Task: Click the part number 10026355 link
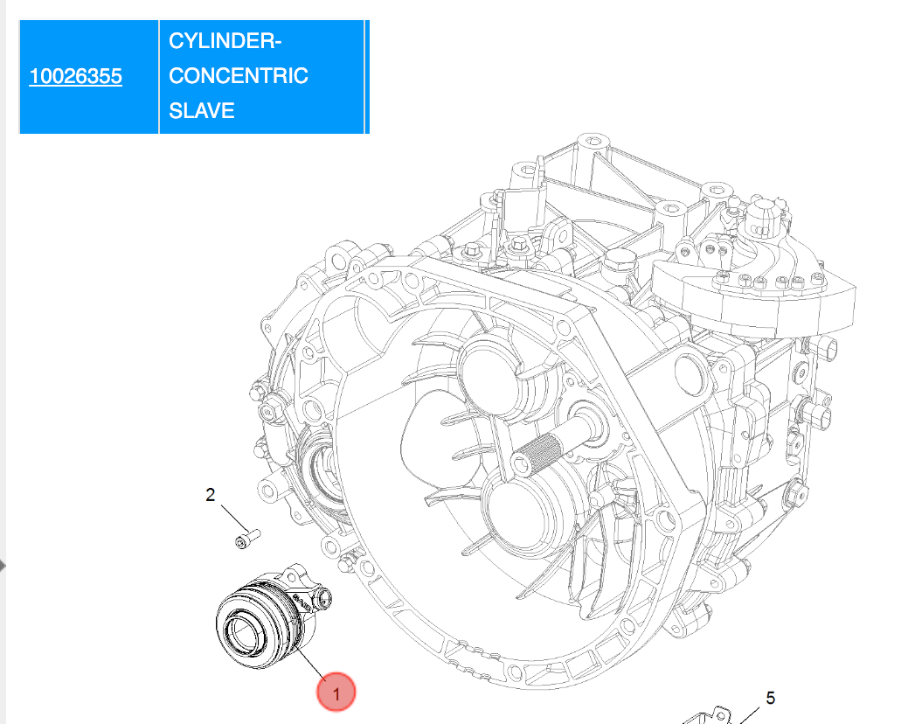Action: pyautogui.click(x=76, y=76)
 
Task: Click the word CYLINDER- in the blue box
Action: pyautogui.click(x=225, y=41)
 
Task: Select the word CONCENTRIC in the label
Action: pyautogui.click(x=238, y=76)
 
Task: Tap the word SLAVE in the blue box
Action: pyautogui.click(x=201, y=110)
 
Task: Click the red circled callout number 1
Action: pyautogui.click(x=336, y=693)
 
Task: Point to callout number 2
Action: pyautogui.click(x=211, y=495)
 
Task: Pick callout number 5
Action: pyautogui.click(x=770, y=699)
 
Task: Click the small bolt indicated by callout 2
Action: pyautogui.click(x=247, y=539)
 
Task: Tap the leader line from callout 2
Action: pyautogui.click(x=234, y=518)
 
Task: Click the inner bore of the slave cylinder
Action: pyautogui.click(x=245, y=630)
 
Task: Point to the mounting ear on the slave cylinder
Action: pyautogui.click(x=320, y=597)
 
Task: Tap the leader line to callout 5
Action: pyautogui.click(x=749, y=716)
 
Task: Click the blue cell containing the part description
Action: pyautogui.click(x=261, y=76)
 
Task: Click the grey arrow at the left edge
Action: pyautogui.click(x=3, y=565)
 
